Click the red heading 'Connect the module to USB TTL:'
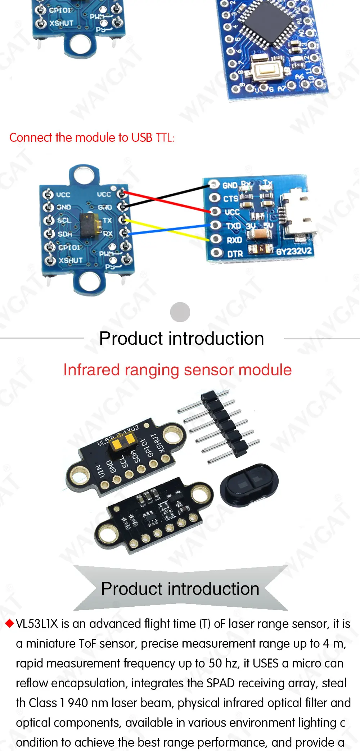[92, 137]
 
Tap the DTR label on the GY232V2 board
[235, 254]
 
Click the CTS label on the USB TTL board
[230, 199]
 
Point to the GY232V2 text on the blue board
[294, 251]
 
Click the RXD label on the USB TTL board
[234, 240]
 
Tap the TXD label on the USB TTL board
[233, 226]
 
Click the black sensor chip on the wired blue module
[90, 225]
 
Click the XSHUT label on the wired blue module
[71, 260]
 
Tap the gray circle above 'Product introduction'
[180, 312]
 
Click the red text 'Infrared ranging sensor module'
[177, 370]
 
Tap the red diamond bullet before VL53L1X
[9, 624]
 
